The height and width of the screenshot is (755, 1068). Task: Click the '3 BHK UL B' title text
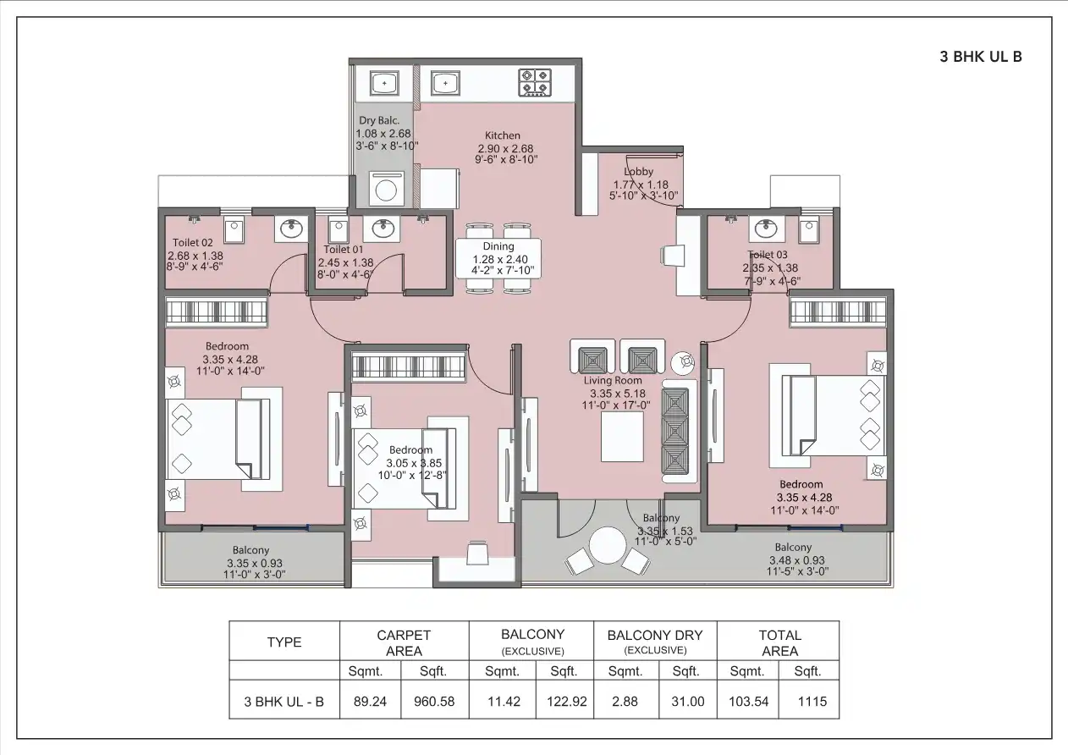(981, 58)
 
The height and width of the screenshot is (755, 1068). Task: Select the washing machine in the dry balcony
(385, 189)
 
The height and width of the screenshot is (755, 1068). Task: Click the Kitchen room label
(503, 135)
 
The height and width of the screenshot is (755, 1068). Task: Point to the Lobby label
(639, 172)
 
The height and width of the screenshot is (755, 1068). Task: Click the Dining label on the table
(498, 247)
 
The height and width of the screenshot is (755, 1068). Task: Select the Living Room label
(613, 381)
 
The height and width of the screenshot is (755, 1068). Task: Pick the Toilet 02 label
(193, 243)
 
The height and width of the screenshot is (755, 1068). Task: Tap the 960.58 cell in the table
(433, 702)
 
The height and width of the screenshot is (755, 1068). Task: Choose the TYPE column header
(284, 642)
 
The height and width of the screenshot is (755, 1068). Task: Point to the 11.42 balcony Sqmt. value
(502, 702)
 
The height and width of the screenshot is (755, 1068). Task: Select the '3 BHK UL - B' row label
(284, 702)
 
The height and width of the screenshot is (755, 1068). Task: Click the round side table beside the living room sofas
(683, 363)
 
